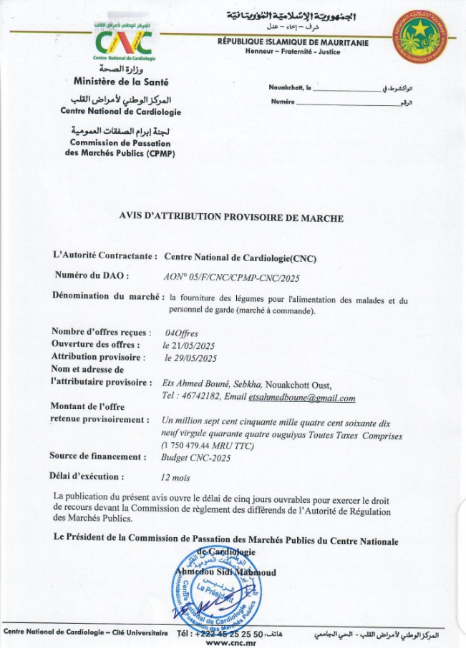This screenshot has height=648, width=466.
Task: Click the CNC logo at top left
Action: pos(124,42)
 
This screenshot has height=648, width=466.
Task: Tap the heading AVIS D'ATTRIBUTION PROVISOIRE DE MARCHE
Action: pos(231,218)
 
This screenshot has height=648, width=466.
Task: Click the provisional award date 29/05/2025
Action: pos(190,357)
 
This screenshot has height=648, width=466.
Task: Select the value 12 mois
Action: pos(175,476)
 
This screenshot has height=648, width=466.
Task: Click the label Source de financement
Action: pos(98,456)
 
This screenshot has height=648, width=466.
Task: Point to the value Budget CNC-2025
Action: pos(195,458)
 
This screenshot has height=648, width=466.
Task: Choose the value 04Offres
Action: pos(181,333)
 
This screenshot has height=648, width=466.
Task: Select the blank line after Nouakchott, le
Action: pos(346,90)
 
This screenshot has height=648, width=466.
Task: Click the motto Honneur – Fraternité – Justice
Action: pos(293,51)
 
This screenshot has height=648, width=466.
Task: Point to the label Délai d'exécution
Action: pos(87,476)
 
